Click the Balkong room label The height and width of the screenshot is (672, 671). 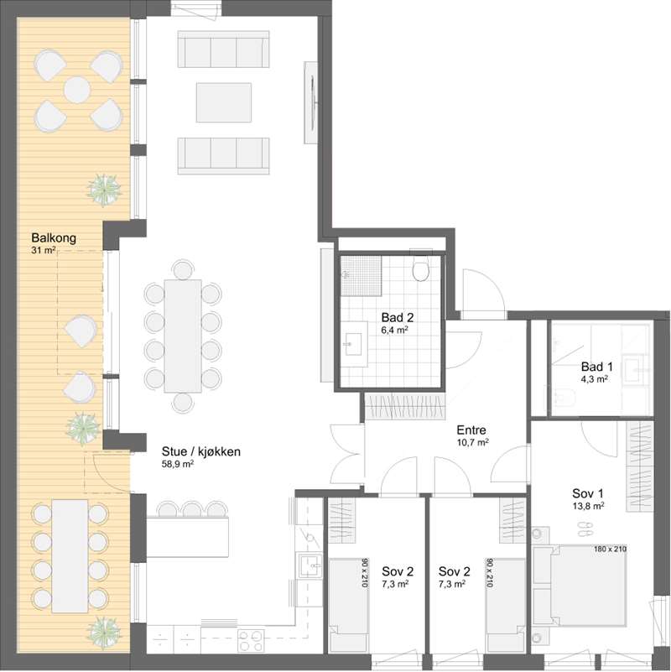pyautogui.click(x=54, y=238)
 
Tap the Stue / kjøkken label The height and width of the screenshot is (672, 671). pyautogui.click(x=201, y=451)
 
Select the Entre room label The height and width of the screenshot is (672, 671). pyautogui.click(x=471, y=430)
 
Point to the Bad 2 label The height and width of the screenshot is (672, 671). pyautogui.click(x=398, y=318)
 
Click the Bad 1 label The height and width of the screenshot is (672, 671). pyautogui.click(x=597, y=367)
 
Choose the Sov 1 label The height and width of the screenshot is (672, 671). pyautogui.click(x=588, y=492)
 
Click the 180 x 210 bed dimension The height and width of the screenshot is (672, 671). pyautogui.click(x=610, y=549)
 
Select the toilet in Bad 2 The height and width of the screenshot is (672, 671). pyautogui.click(x=420, y=267)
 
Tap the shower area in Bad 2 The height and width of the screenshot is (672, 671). pyautogui.click(x=361, y=275)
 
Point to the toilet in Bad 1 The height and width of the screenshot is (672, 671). pyautogui.click(x=565, y=397)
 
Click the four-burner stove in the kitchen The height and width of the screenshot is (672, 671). pyautogui.click(x=251, y=640)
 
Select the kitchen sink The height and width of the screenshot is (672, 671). pyautogui.click(x=310, y=566)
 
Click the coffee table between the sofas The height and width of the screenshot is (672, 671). pyautogui.click(x=224, y=102)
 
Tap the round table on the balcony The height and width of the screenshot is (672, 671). pyautogui.click(x=77, y=90)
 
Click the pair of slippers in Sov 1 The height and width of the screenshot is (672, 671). pyautogui.click(x=585, y=529)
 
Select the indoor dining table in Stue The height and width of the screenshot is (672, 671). pyautogui.click(x=183, y=336)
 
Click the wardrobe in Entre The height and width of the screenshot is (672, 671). pyautogui.click(x=405, y=406)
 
